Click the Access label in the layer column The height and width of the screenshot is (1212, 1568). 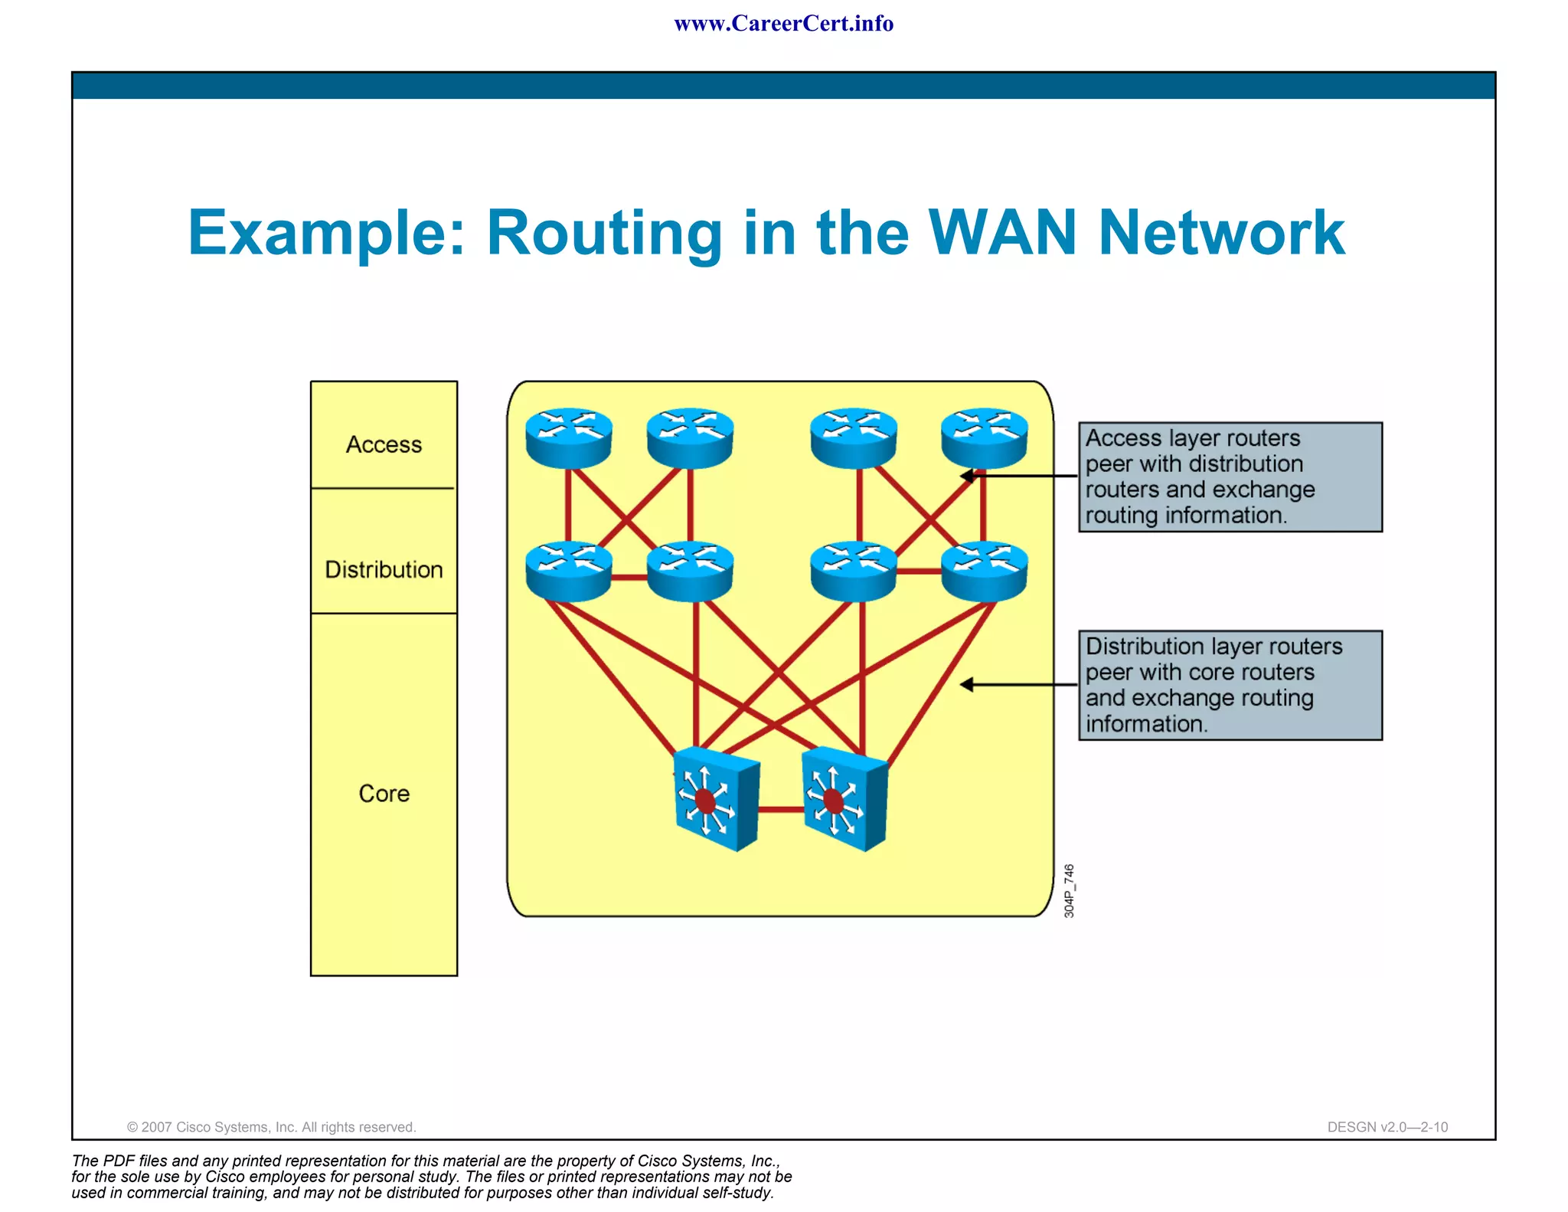384,444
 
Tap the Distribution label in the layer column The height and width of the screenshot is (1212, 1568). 384,569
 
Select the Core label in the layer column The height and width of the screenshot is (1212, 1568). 384,793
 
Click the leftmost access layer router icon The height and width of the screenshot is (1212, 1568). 569,437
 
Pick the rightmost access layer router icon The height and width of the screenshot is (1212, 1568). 984,437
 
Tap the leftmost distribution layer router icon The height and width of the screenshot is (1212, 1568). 569,571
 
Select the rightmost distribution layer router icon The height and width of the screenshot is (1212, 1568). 984,571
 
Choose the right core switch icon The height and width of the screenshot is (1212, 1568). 845,799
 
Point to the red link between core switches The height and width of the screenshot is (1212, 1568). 781,809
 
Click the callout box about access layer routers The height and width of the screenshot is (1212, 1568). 1230,477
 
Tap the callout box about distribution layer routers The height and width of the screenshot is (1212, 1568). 1230,685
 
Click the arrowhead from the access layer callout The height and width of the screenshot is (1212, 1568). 967,476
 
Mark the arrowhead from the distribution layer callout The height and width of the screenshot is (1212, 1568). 967,684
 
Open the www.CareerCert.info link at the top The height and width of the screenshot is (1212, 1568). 783,24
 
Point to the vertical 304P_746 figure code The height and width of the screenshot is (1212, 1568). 1070,890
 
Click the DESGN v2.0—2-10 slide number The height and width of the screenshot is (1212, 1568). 1387,1127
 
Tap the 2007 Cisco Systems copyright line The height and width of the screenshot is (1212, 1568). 271,1127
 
